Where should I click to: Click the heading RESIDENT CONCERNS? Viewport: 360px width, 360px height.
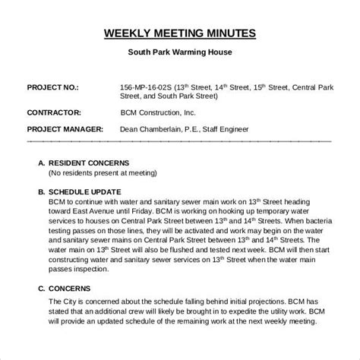pyautogui.click(x=90, y=162)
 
